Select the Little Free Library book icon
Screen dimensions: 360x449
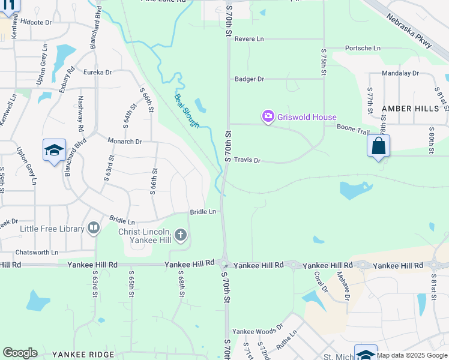point(93,228)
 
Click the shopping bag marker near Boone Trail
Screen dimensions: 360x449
point(378,146)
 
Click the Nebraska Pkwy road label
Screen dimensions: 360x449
point(409,32)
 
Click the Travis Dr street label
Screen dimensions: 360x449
point(247,160)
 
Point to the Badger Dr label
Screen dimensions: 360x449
point(249,79)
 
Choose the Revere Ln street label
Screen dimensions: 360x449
point(249,39)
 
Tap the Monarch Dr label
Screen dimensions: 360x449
point(124,142)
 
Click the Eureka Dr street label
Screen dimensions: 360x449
point(98,72)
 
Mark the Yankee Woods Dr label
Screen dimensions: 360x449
point(258,331)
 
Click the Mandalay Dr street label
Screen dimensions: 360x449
point(400,73)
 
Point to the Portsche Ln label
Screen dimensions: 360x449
point(363,48)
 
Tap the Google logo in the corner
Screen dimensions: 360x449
point(20,353)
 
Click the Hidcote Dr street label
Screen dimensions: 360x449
point(36,22)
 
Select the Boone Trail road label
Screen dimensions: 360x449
point(353,128)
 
